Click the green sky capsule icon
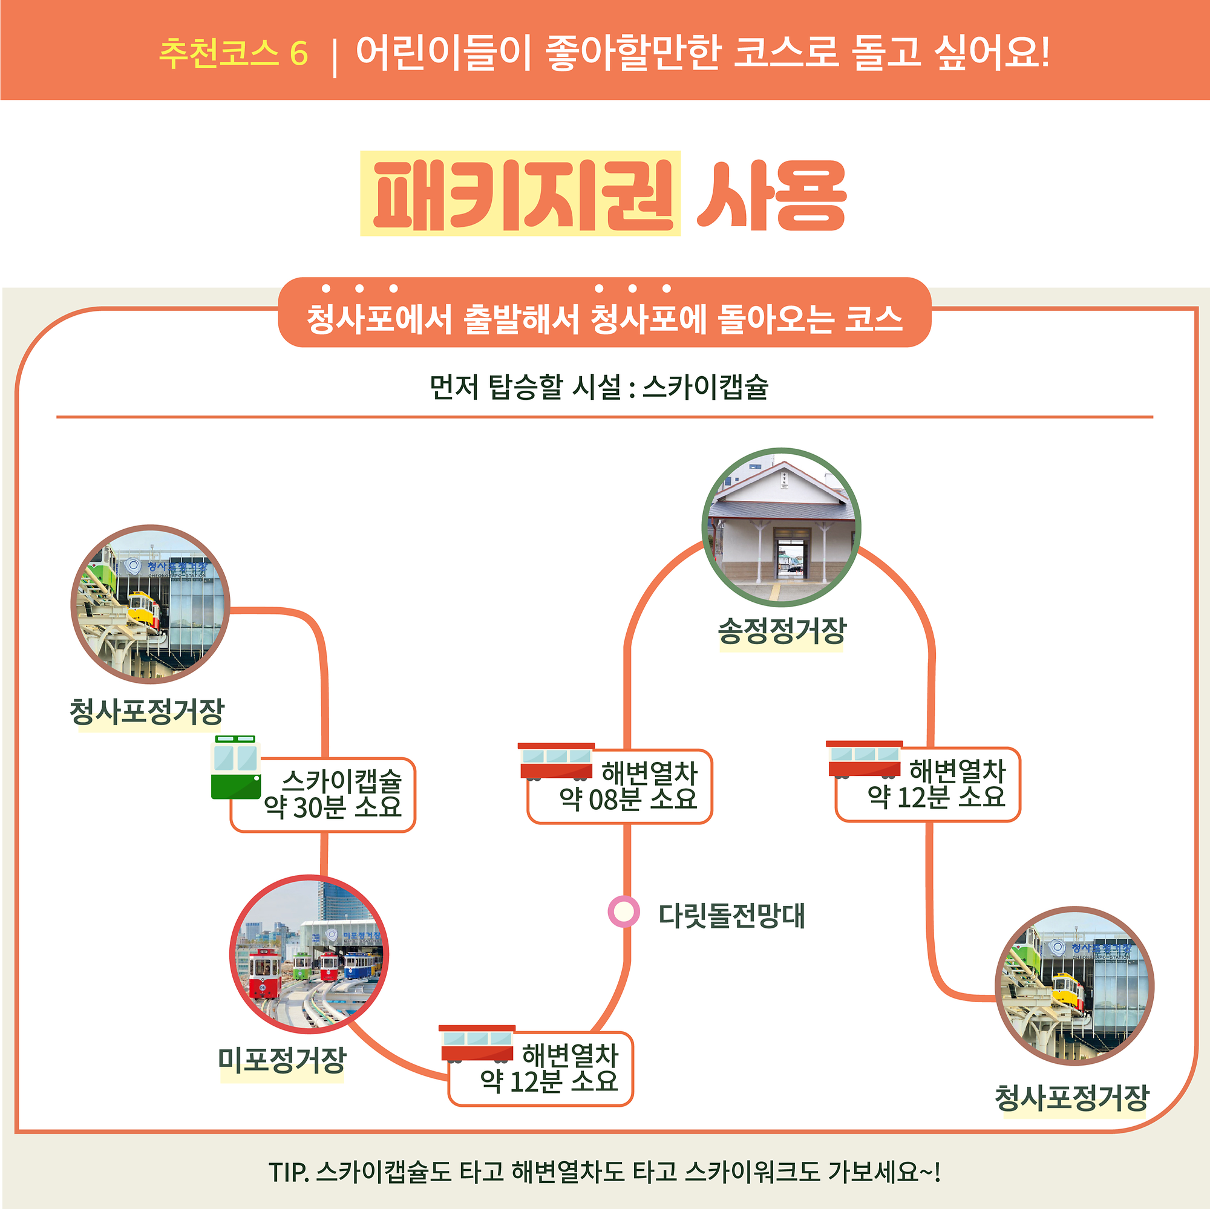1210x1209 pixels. coord(235,767)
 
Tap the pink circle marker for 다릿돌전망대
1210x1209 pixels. coord(624,911)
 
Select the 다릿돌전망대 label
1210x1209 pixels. coord(731,915)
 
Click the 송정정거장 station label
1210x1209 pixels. coord(782,631)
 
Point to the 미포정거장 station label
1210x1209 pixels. coord(282,1061)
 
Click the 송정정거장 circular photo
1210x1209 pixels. coord(781,527)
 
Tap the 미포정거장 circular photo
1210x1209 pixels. coord(309,955)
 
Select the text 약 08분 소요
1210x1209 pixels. coord(627,799)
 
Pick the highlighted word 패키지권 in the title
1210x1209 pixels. coord(520,194)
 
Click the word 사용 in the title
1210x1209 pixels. coord(771,195)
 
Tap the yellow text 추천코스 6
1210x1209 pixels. coord(234,53)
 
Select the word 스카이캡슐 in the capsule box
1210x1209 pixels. coord(341,780)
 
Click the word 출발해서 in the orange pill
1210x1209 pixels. coord(520,319)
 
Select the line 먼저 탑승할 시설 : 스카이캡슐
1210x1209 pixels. coord(599,387)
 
